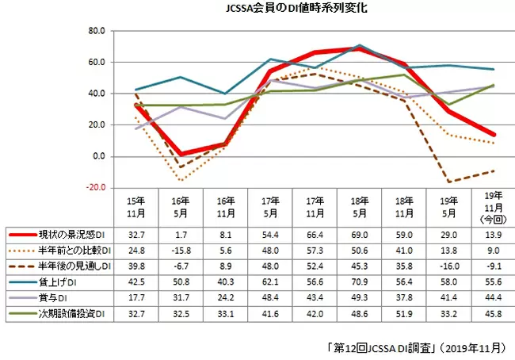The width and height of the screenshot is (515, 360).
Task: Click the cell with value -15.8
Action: point(181,251)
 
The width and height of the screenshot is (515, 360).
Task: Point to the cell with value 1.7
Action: point(181,236)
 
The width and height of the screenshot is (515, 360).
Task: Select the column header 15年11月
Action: point(136,207)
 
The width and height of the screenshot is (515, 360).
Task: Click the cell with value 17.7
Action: point(136,296)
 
